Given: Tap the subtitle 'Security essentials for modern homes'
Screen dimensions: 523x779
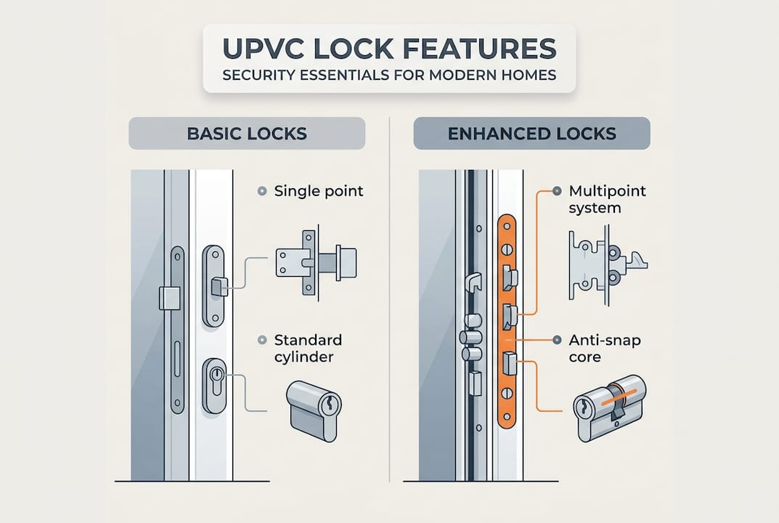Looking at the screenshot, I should [x=388, y=76].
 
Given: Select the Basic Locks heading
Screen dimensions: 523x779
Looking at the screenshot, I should [x=247, y=134].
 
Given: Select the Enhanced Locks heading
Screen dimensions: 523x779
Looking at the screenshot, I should [x=531, y=134].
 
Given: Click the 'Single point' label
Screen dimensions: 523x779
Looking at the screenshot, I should [x=319, y=192].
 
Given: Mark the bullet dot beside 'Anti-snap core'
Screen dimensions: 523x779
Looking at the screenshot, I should [x=557, y=339].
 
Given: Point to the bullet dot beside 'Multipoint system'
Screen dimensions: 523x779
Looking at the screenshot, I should [x=557, y=191].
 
